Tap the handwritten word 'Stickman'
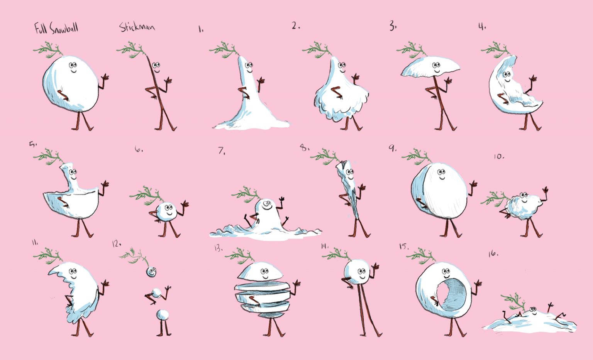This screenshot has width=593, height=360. tap(137, 27)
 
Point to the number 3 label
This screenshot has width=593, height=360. tap(393, 25)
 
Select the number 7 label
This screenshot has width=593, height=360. tap(222, 150)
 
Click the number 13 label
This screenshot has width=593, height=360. tap(219, 248)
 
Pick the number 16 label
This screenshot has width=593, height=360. tap(493, 254)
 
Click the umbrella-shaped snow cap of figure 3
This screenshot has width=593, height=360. tap(430, 67)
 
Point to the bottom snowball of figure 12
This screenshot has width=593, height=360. tap(162, 315)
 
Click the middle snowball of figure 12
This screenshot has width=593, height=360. tap(156, 293)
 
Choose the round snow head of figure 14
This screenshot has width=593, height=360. tap(357, 272)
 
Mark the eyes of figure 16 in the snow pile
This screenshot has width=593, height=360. tap(533, 309)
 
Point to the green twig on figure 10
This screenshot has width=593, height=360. tap(494, 198)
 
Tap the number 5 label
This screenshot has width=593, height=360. tap(32, 144)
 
